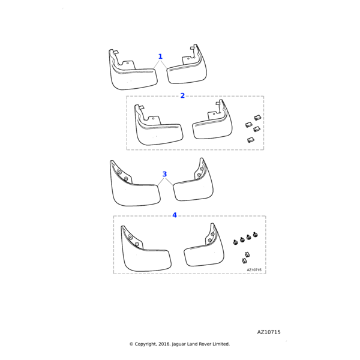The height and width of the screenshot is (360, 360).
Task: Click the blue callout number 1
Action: pyautogui.click(x=160, y=56)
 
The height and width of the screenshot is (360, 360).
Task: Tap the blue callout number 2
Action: pyautogui.click(x=182, y=95)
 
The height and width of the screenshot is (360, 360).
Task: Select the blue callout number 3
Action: pyautogui.click(x=164, y=174)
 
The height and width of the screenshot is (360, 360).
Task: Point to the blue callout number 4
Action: pyautogui.click(x=175, y=215)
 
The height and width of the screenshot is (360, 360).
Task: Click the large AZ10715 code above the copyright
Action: pyautogui.click(x=269, y=332)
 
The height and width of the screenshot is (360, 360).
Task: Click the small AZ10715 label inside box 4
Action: pyautogui.click(x=254, y=270)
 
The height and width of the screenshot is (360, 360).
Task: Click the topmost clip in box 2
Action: pyautogui.click(x=257, y=118)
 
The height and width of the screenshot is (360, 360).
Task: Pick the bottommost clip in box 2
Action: pyautogui.click(x=250, y=140)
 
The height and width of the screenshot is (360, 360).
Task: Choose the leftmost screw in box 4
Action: pyautogui.click(x=235, y=242)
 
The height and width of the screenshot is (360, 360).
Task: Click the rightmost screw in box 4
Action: pyautogui.click(x=255, y=235)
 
